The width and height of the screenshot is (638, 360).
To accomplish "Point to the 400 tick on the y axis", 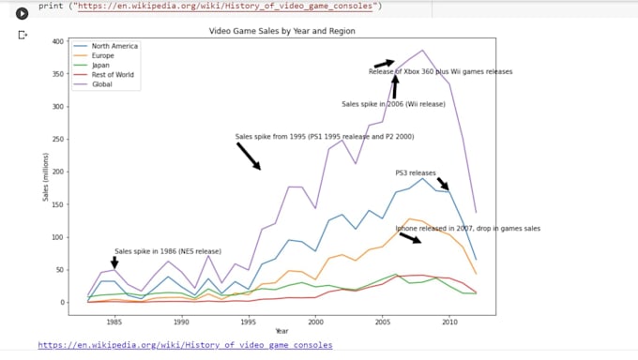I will click(58, 41).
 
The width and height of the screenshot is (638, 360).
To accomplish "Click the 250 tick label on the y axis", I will click(58, 139).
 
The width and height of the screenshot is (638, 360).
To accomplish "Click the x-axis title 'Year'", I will click(281, 330).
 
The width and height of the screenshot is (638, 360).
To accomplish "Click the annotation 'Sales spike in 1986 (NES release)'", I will click(168, 251).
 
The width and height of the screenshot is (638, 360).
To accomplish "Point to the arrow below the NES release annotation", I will click(114, 263).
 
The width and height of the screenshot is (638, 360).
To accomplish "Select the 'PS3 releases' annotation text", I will click(416, 172).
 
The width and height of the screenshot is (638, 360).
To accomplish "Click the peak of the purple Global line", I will click(422, 51).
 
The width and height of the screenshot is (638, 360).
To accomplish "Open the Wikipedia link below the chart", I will click(185, 345).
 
